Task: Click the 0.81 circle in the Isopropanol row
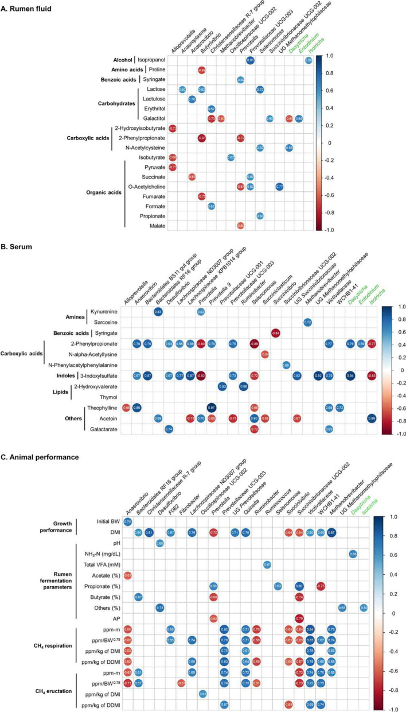(251, 60)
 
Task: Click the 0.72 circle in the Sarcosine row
(307, 322)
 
